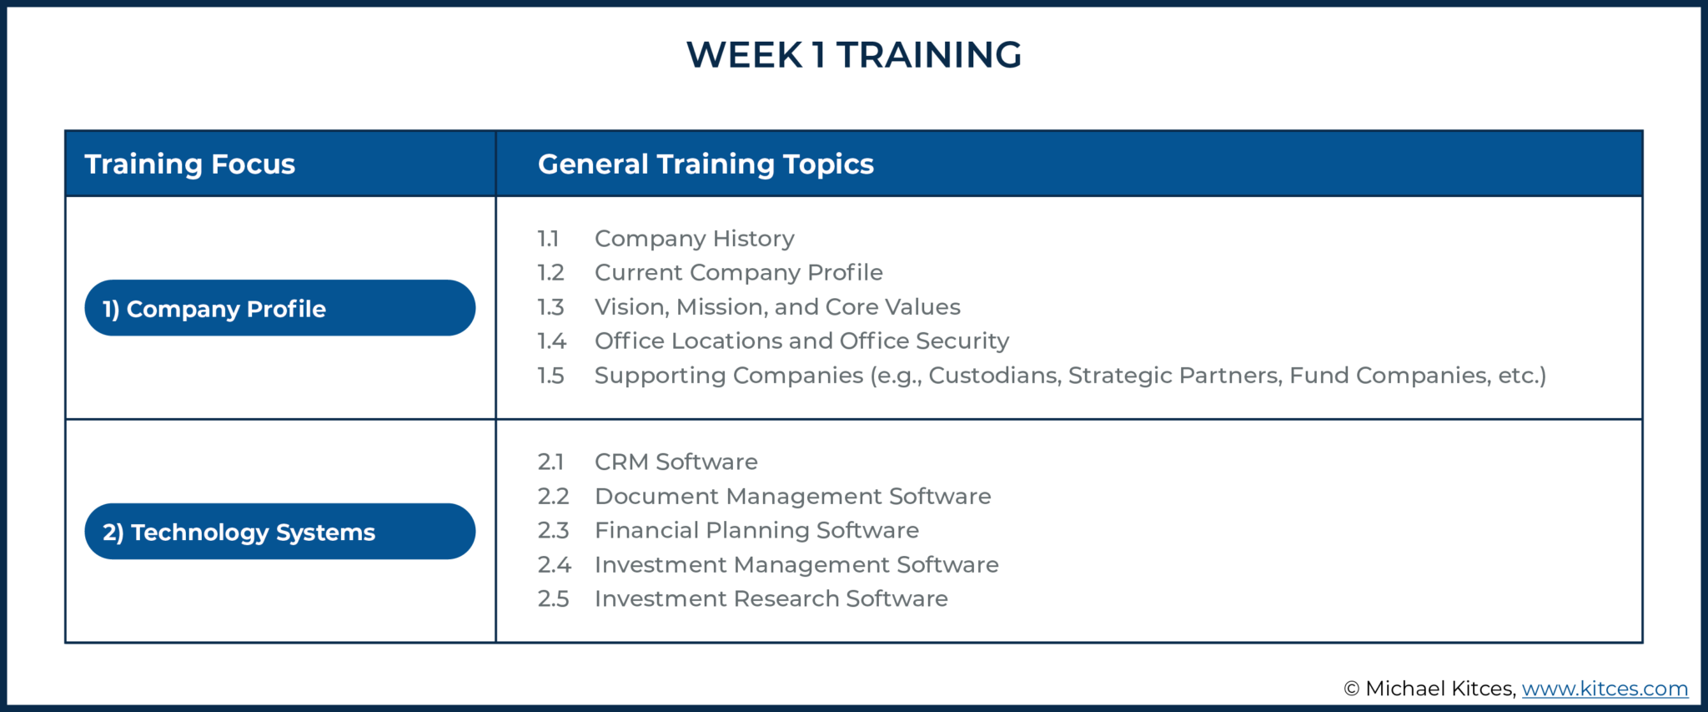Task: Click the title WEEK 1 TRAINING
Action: click(x=853, y=55)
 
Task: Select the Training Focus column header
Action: click(x=189, y=164)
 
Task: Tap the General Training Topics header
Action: click(x=706, y=164)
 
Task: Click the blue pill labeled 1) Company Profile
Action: click(x=279, y=308)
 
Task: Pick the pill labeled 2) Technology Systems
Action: click(x=279, y=532)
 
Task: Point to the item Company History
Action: click(x=694, y=239)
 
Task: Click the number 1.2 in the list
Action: click(x=550, y=273)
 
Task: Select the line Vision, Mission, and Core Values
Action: click(x=776, y=307)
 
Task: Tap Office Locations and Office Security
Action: click(x=801, y=341)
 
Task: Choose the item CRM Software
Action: click(x=676, y=462)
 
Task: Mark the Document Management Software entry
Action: click(x=792, y=497)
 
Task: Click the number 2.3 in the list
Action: click(x=552, y=531)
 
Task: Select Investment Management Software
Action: click(x=796, y=565)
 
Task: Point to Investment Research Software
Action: click(x=771, y=599)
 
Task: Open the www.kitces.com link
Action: click(x=1604, y=689)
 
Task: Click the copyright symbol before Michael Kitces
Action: click(x=1351, y=689)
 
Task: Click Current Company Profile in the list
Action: click(x=738, y=273)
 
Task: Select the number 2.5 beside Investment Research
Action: click(x=552, y=599)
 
